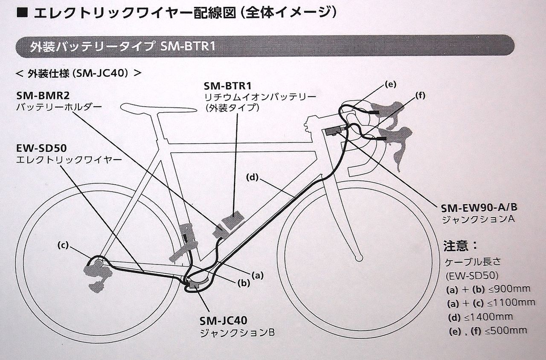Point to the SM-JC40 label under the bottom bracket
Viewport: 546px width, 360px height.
tap(223, 320)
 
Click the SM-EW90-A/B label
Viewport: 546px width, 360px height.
tap(480, 208)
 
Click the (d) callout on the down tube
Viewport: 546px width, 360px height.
tap(253, 177)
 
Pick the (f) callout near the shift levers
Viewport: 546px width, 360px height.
tap(420, 96)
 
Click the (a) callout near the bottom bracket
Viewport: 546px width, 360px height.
tap(257, 276)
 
